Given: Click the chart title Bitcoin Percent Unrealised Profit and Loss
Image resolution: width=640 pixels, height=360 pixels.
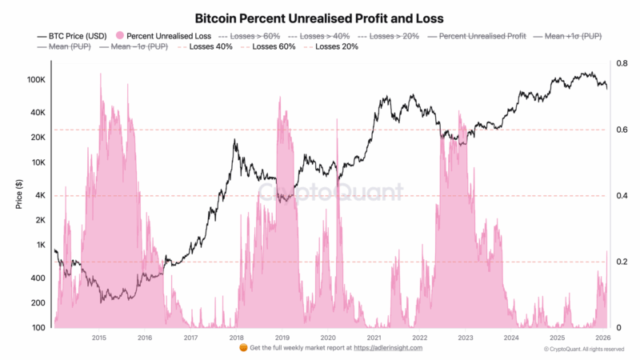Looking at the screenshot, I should tap(319, 17).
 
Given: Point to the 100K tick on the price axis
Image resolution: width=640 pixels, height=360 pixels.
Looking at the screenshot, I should tap(36, 80).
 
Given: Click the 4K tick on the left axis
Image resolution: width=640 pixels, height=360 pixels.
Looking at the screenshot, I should tap(41, 196).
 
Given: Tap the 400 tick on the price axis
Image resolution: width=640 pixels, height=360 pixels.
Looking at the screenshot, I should tap(38, 278).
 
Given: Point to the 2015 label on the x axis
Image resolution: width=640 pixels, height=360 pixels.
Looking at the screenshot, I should tap(98, 338).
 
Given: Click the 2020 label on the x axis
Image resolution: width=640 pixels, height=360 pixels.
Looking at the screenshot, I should tap(327, 338).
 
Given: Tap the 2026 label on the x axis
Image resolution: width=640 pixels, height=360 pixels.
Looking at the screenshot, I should tap(602, 338).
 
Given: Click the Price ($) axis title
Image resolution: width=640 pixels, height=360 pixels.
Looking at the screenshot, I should tap(18, 196).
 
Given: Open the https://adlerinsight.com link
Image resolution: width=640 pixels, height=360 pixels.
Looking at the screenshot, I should tap(387, 348).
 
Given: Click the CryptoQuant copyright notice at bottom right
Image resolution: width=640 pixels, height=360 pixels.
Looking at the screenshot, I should tap(583, 350).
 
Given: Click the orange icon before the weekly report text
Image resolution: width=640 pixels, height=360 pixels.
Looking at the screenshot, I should tap(244, 348).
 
